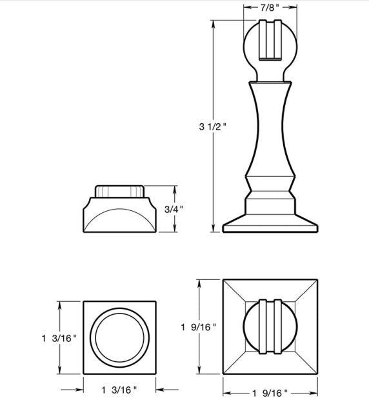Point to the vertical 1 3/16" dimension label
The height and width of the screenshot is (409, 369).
click(59, 338)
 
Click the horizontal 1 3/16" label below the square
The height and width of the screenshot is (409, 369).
click(119, 389)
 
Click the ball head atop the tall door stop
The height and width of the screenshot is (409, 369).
click(270, 48)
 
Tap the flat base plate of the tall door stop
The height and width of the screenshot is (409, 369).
click(270, 226)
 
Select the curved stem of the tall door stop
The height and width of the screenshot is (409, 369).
click(270, 129)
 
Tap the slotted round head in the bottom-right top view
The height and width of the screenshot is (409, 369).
click(270, 326)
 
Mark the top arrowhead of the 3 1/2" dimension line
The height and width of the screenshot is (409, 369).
click(213, 23)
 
